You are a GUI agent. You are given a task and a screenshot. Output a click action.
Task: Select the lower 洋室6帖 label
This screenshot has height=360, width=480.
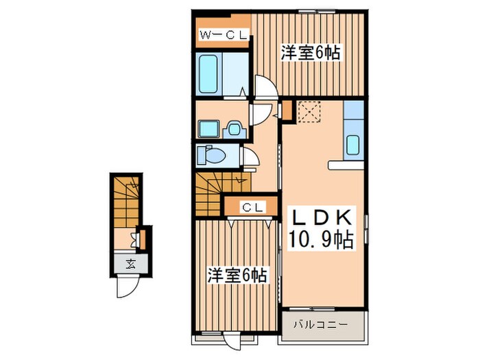click(238, 276)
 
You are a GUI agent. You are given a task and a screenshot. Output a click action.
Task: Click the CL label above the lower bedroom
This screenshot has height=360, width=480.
click(249, 206)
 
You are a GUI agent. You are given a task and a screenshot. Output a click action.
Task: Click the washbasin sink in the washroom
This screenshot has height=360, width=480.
click(235, 128)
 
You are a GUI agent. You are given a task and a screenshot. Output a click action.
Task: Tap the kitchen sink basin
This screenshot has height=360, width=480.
click(354, 145)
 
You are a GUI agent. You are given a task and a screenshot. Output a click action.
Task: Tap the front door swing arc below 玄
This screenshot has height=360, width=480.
click(127, 287)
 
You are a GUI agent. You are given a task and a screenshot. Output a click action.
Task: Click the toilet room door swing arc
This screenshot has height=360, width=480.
click(252, 160)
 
